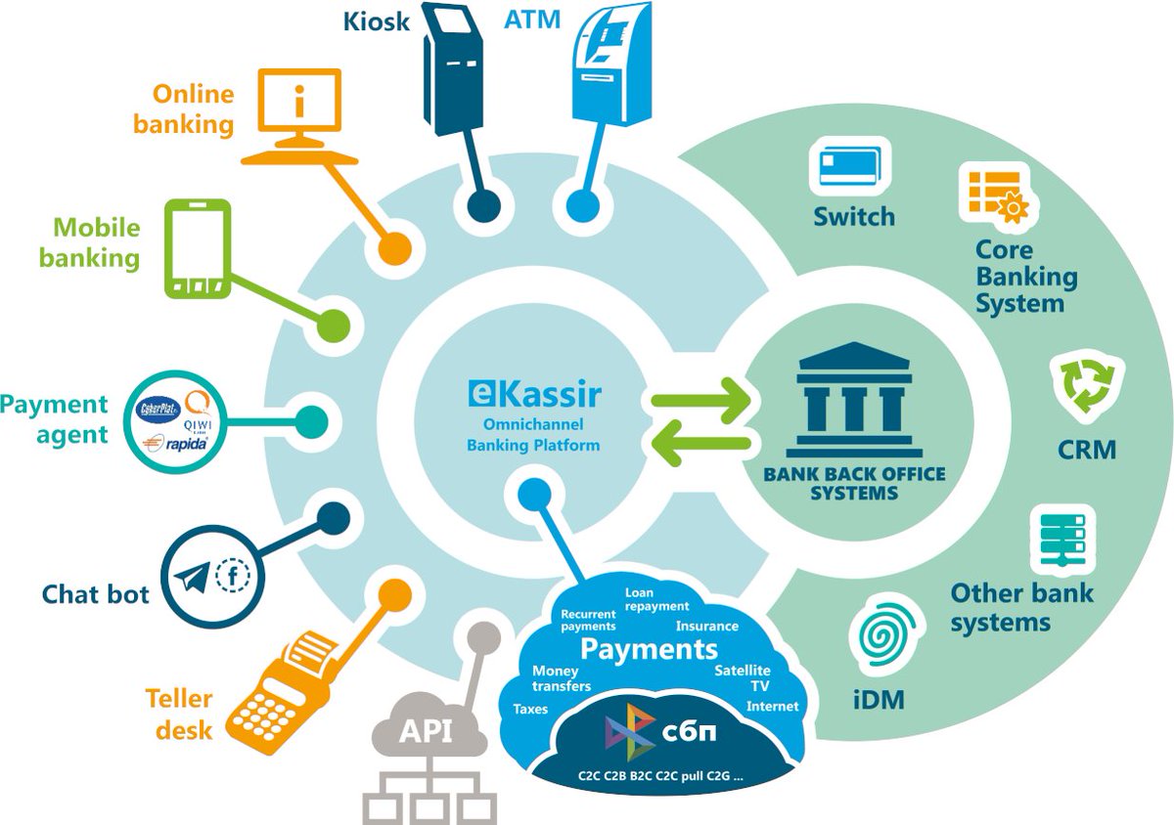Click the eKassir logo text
[x=535, y=395]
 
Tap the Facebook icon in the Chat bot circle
[x=233, y=575]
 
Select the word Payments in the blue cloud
[x=649, y=648]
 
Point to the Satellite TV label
[x=743, y=677]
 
